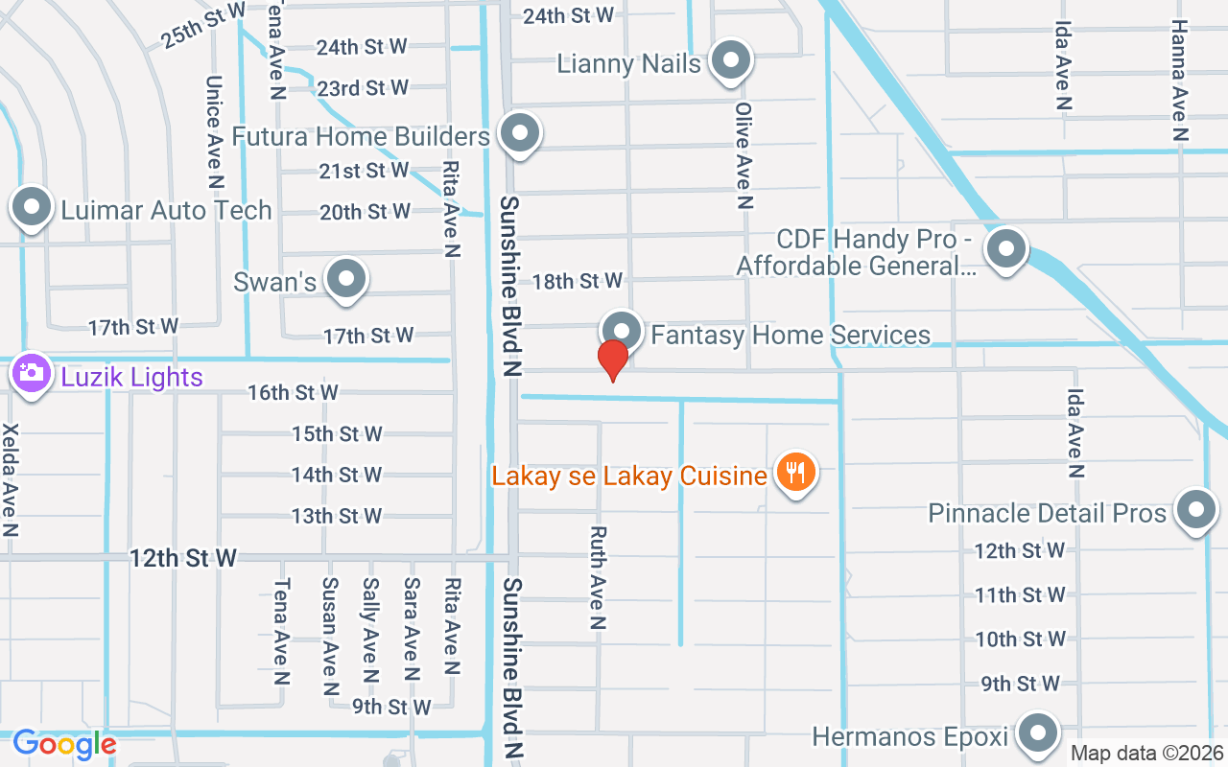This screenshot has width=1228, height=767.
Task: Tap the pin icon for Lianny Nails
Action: (732, 60)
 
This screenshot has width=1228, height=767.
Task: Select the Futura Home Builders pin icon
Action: (520, 133)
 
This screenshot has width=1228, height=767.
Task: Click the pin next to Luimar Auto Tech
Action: (32, 207)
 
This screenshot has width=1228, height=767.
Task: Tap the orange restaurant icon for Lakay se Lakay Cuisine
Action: (795, 473)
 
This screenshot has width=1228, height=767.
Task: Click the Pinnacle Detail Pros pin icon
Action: (1195, 510)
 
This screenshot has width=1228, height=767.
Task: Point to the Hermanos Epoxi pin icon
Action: (1036, 733)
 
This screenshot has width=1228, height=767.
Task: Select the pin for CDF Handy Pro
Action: (1006, 249)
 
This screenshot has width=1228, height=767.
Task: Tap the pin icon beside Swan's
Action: (346, 279)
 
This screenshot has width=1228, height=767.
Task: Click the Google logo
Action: (64, 744)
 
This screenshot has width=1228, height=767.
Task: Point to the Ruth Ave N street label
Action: (598, 577)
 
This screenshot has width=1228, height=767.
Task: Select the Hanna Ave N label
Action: (1179, 81)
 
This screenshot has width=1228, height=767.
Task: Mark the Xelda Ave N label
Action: (12, 479)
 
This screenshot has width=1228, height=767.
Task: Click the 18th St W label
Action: (578, 281)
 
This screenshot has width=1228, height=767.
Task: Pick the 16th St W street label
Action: (293, 392)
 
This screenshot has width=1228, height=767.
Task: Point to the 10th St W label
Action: (1021, 639)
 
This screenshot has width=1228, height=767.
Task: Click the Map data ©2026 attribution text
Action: (1147, 754)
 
